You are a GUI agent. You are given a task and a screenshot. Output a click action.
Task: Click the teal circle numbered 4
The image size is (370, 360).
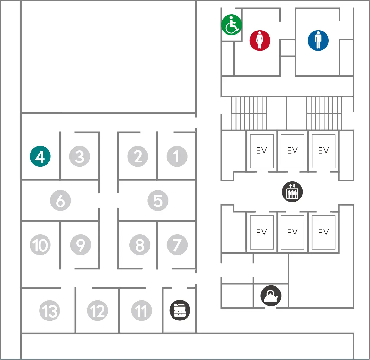point(40,156)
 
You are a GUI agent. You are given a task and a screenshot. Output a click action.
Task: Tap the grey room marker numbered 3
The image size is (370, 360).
point(80,156)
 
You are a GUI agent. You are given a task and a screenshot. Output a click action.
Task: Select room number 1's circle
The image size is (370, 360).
point(177,156)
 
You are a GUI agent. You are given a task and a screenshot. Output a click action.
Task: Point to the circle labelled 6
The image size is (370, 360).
point(60,201)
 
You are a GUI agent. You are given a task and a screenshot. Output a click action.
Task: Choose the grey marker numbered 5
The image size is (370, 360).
point(158,201)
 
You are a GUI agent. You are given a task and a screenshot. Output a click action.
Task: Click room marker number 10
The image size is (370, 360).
point(40,245)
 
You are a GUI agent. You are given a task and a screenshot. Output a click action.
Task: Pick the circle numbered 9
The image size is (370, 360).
point(80,245)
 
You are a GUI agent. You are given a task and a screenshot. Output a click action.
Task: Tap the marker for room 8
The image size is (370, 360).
point(140,245)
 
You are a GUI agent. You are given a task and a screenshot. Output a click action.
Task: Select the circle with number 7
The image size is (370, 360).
point(177,245)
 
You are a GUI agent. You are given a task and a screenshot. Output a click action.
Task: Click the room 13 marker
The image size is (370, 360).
point(50,311)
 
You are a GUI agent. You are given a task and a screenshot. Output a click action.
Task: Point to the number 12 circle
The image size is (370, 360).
point(97,311)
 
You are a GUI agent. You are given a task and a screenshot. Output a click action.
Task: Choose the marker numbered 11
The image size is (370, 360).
point(141,311)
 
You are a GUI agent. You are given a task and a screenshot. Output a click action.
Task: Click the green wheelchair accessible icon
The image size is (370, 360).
point(232,25)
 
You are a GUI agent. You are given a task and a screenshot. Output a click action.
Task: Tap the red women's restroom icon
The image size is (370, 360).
point(260,40)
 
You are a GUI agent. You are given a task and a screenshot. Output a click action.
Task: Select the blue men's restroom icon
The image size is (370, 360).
point(318,40)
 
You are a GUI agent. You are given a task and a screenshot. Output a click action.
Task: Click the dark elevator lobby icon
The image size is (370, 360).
point(292,192)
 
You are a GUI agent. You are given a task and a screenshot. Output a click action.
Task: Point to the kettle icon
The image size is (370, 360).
point(271,296)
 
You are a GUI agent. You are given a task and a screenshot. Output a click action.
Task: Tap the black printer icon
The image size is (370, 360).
point(180,310)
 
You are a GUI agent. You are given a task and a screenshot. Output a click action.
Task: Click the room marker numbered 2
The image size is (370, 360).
point(138,156)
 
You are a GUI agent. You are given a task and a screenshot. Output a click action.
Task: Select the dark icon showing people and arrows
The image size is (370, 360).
point(292,192)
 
